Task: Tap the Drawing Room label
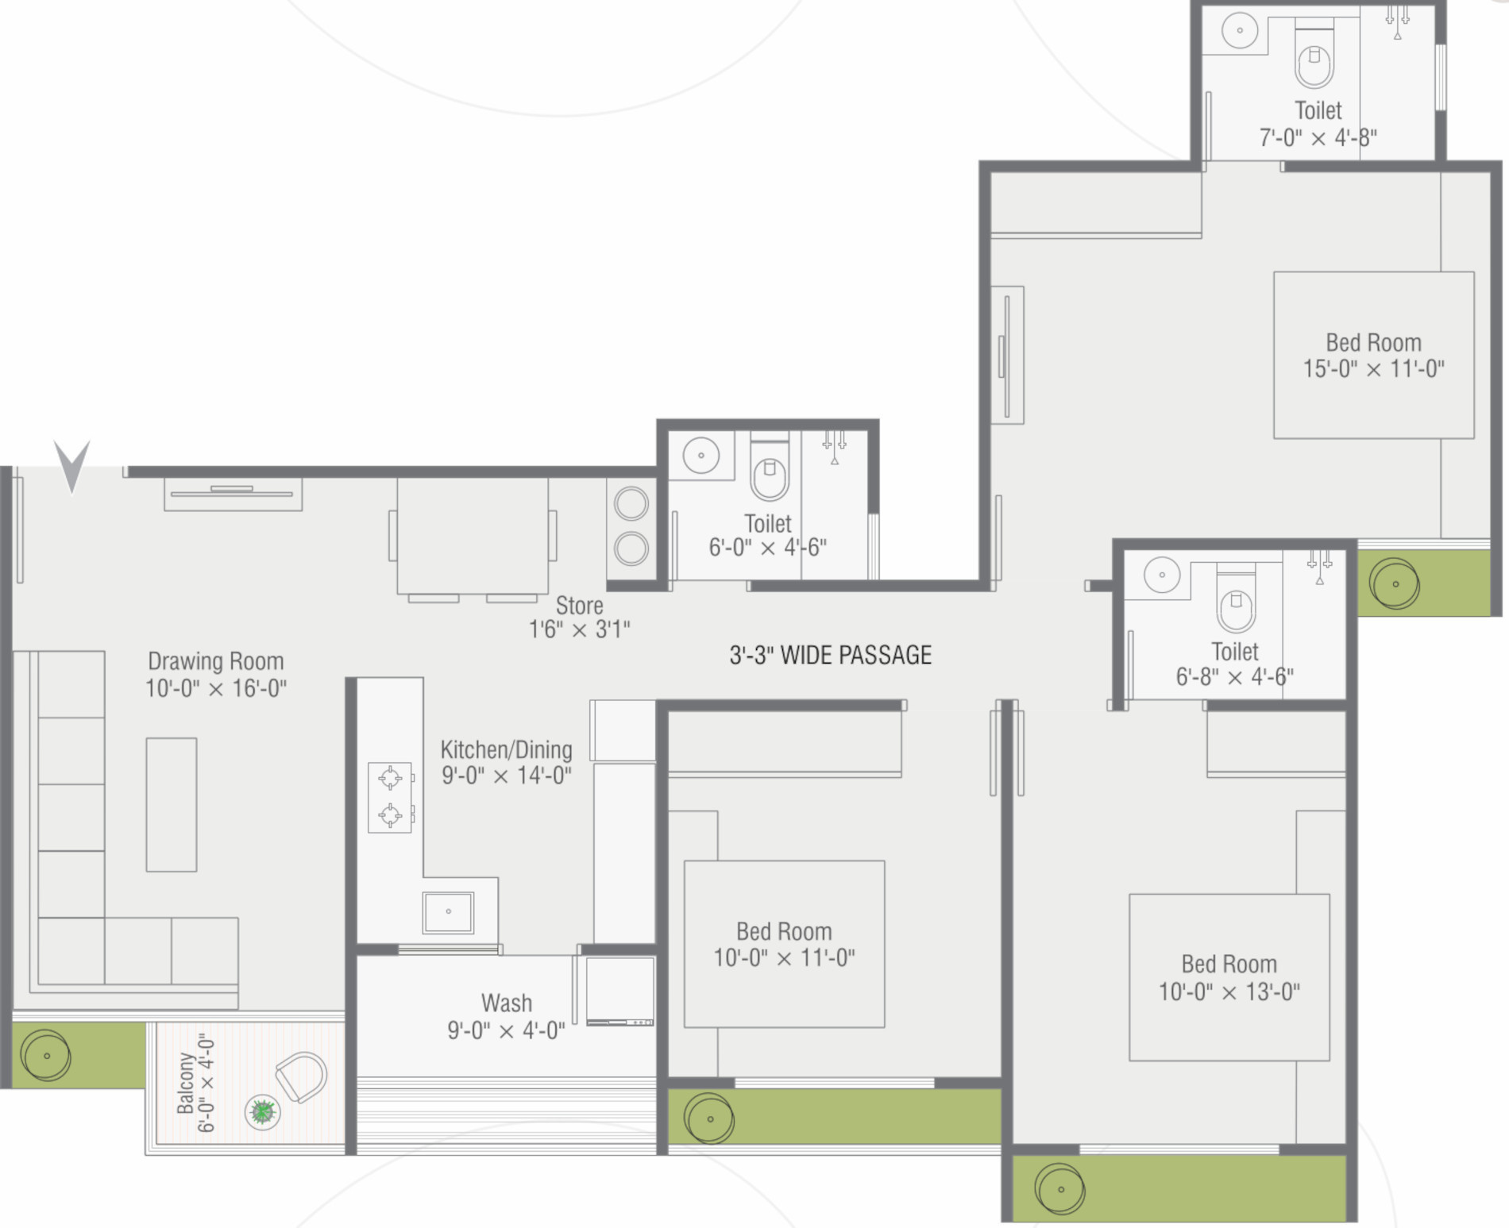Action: pyautogui.click(x=215, y=661)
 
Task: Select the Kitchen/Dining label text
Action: pyautogui.click(x=506, y=749)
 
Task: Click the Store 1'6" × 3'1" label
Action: pyautogui.click(x=580, y=617)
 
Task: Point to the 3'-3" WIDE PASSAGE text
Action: pyautogui.click(x=831, y=655)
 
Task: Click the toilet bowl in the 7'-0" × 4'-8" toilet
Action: pyautogui.click(x=1314, y=59)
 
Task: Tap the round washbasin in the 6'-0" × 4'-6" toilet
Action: pyautogui.click(x=700, y=456)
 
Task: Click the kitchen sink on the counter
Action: pyautogui.click(x=449, y=911)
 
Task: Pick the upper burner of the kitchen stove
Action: pyautogui.click(x=390, y=778)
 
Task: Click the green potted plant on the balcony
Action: pyautogui.click(x=262, y=1111)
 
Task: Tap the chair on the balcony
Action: pyautogui.click(x=302, y=1077)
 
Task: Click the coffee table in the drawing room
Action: pyautogui.click(x=172, y=805)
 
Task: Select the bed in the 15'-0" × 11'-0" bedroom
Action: pyautogui.click(x=1374, y=355)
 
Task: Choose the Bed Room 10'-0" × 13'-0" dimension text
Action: pyautogui.click(x=1229, y=991)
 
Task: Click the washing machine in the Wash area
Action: pyautogui.click(x=620, y=991)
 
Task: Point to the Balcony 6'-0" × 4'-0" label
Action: pyautogui.click(x=195, y=1083)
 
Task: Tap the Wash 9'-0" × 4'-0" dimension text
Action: pyautogui.click(x=506, y=1030)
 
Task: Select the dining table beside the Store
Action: pyautogui.click(x=473, y=535)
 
